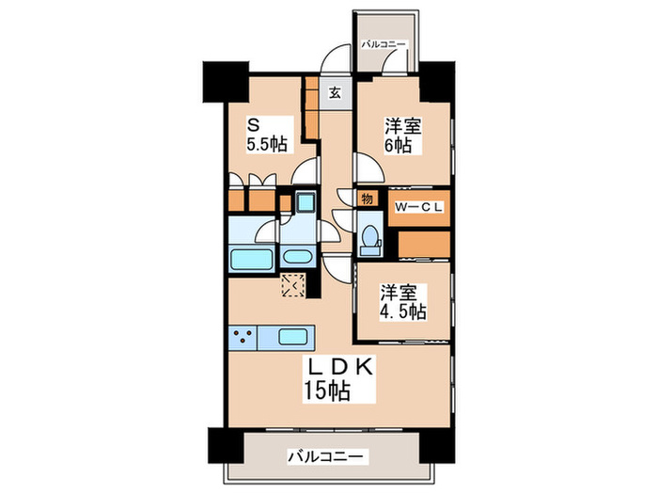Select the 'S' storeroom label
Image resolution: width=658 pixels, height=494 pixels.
coord(253,124)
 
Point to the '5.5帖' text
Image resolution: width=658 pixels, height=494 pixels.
coord(266,145)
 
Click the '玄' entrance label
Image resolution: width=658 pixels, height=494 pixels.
coord(335,92)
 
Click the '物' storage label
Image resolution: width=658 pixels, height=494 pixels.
coord(368,199)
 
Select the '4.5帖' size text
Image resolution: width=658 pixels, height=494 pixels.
coord(403,311)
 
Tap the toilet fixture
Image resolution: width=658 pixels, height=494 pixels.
coord(369,235)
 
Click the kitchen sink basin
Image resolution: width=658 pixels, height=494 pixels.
coord(292,336)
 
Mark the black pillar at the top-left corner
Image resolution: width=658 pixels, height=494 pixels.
coord(224,82)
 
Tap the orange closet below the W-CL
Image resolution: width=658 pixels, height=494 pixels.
coord(423,243)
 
